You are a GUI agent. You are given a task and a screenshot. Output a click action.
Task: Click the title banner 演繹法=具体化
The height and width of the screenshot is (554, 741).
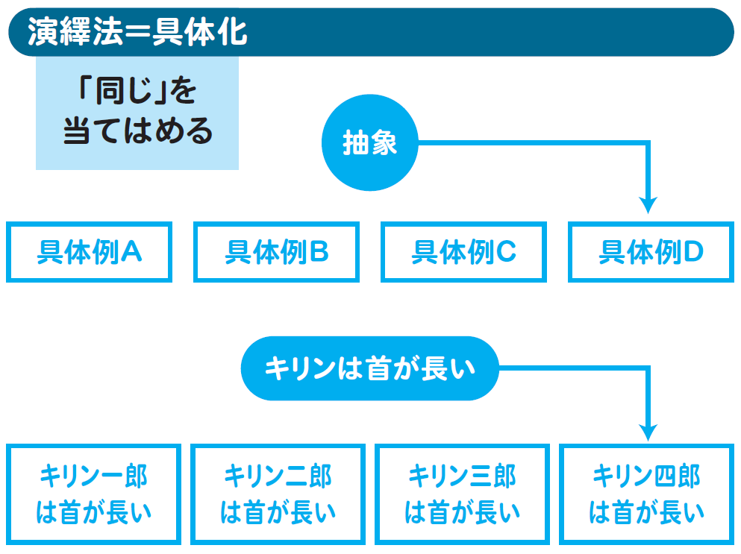point(370,32)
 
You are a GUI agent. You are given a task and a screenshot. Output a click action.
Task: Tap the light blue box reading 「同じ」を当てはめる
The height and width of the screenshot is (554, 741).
point(137,113)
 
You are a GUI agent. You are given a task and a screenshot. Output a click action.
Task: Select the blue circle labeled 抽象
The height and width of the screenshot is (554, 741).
point(370,143)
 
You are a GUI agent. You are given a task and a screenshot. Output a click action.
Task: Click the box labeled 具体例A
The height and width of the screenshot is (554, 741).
point(90,252)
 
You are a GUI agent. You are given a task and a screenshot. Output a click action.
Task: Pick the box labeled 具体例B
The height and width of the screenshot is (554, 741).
point(276,252)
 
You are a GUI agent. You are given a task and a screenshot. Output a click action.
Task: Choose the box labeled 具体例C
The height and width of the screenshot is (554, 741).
point(463,252)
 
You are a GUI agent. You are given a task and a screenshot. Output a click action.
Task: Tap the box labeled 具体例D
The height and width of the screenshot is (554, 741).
point(651,252)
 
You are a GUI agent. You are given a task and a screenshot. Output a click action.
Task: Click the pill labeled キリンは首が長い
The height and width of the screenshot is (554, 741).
point(370,368)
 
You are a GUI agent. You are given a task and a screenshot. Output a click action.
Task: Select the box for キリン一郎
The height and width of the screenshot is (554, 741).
point(93,494)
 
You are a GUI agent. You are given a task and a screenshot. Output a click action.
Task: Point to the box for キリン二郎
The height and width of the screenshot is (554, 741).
point(278,494)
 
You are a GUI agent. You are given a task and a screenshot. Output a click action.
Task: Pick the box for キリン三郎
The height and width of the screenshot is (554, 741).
point(462,494)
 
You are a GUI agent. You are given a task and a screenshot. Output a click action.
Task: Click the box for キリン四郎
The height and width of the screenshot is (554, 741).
point(646,494)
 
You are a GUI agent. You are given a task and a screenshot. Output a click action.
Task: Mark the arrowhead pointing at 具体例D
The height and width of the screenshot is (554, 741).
point(648,204)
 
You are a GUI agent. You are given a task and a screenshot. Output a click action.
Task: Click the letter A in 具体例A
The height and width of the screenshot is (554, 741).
point(131,253)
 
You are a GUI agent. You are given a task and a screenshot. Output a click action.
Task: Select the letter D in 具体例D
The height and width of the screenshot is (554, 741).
point(692,253)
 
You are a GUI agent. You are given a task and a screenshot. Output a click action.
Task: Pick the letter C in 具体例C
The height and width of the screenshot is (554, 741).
point(505,253)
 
